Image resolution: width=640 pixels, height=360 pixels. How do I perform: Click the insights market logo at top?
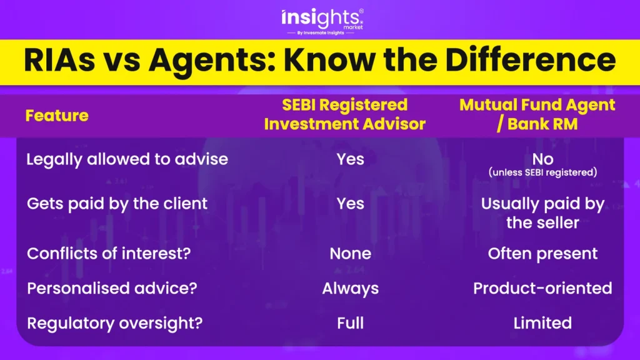[x=322, y=21]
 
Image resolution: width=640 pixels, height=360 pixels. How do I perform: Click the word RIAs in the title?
[x=59, y=60]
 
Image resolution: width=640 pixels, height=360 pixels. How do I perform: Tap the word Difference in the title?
[x=530, y=60]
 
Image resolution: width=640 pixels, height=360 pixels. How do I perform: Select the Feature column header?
[x=57, y=116]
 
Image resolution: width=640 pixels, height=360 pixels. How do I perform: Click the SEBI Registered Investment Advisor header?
[x=345, y=114]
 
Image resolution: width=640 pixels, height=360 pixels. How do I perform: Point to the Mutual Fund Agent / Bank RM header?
[x=537, y=114]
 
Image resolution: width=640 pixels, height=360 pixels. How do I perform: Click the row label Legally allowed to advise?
[x=127, y=159]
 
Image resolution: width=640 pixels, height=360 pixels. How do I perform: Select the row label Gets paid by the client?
[x=117, y=204]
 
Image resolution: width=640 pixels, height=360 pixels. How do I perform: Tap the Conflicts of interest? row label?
[x=109, y=254]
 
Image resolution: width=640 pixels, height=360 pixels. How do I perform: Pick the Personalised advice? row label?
[x=112, y=288]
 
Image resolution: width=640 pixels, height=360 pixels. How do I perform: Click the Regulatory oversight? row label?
[x=115, y=323]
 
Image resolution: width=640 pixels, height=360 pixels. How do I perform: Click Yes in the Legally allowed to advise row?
[x=350, y=159]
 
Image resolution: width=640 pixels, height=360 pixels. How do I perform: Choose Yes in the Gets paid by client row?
[x=350, y=203]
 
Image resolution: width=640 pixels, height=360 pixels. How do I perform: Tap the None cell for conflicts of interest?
[x=350, y=254]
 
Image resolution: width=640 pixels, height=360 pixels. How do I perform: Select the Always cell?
[x=350, y=289]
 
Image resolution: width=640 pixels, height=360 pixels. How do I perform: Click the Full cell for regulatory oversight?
[x=350, y=323]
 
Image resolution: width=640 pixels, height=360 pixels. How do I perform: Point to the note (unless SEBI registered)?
[x=543, y=172]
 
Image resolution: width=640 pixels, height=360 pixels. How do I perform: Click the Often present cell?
[x=543, y=254]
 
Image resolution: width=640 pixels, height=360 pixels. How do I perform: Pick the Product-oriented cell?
[x=542, y=289]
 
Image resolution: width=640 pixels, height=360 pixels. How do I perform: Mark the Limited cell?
[x=543, y=323]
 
